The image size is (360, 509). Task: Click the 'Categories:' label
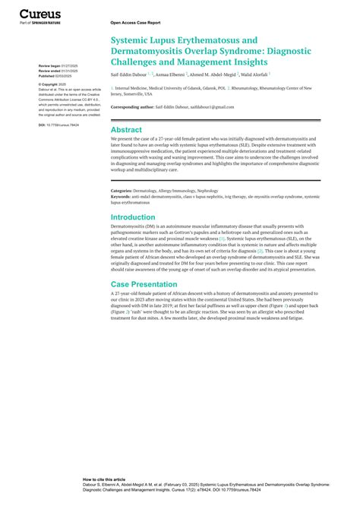click(x=125, y=191)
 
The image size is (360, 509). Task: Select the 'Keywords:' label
click(x=125, y=197)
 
